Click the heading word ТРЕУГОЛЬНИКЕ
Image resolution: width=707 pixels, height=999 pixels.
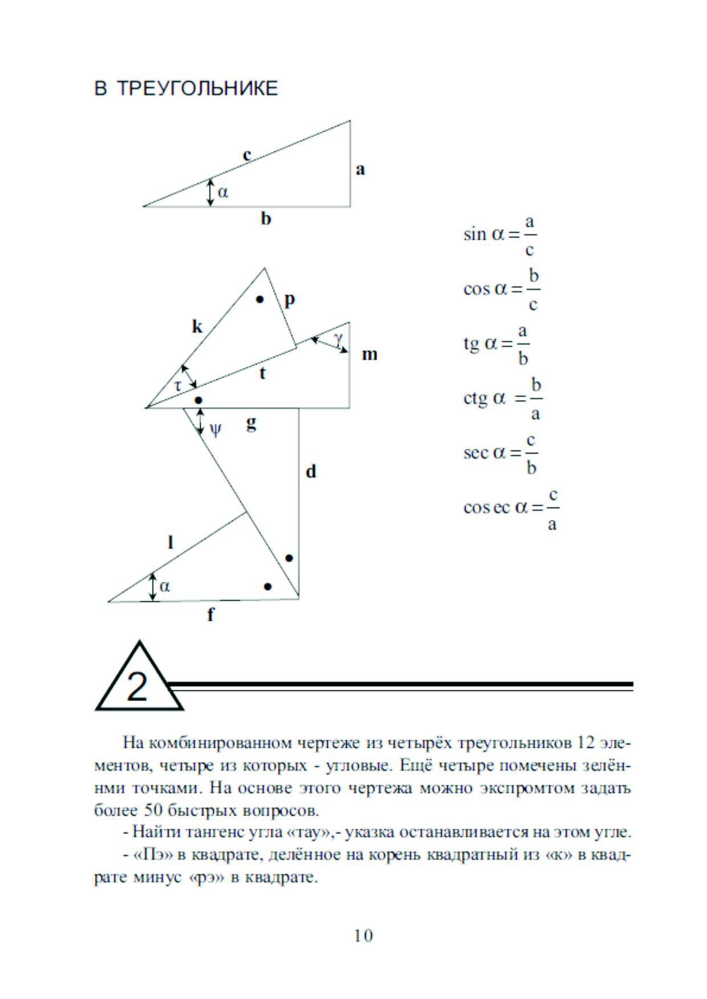pos(197,89)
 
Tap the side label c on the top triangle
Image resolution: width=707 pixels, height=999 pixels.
pos(247,154)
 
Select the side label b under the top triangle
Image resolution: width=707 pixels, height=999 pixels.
pos(266,219)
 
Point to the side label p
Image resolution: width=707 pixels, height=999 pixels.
pos(290,300)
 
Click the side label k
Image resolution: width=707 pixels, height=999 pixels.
pos(197,326)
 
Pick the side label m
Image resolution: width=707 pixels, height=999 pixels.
pos(369,354)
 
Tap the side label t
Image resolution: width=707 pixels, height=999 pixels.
pos(262,373)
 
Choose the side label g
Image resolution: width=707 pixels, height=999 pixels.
pos(251,423)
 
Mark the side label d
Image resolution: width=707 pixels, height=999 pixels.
pos(311,472)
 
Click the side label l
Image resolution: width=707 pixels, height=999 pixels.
pos(170,542)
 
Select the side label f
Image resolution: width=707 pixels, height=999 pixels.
pos(210,615)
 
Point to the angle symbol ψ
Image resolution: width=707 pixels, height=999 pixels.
pos(216,429)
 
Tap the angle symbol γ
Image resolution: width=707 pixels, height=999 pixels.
pos(339,339)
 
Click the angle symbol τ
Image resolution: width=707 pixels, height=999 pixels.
pos(178,386)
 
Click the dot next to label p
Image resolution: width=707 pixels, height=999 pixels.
pos(260,299)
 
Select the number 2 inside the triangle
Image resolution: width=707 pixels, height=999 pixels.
pos(137,686)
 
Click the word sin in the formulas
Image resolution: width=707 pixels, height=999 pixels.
pos(474,234)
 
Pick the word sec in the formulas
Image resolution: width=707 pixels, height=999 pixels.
pos(476,453)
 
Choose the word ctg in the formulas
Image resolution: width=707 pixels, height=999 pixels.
pos(475,398)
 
